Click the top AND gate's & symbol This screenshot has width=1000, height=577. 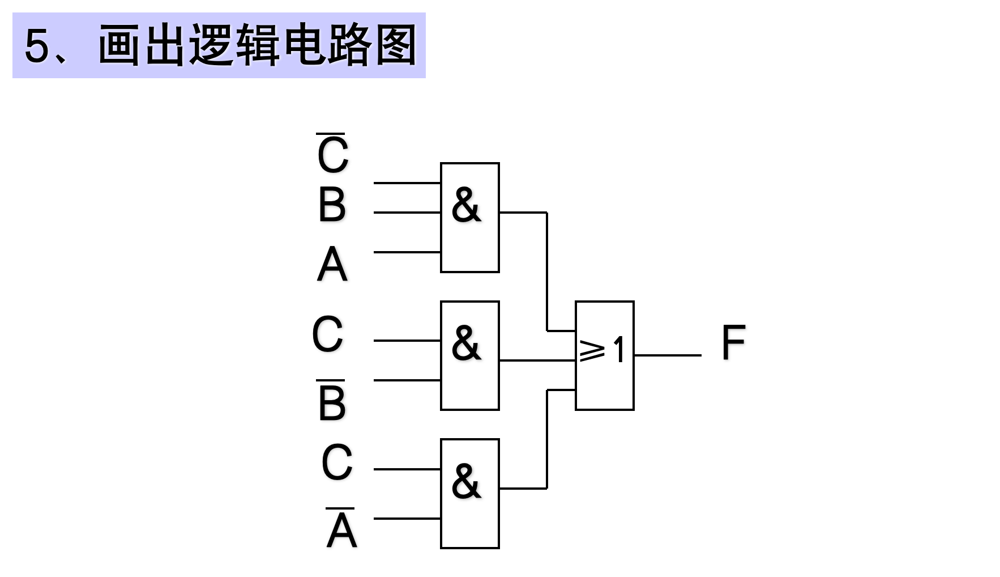[x=466, y=205]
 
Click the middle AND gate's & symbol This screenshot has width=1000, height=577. [x=466, y=343]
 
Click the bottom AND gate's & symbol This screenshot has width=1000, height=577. [x=466, y=482]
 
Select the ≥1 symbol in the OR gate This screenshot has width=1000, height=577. [x=602, y=350]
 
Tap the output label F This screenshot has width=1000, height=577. [x=733, y=342]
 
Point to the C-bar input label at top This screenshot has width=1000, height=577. [x=332, y=154]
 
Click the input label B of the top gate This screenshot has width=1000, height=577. [x=332, y=205]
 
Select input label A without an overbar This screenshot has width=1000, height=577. [x=332, y=265]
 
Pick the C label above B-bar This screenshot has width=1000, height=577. [x=327, y=334]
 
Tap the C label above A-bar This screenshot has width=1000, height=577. [x=337, y=463]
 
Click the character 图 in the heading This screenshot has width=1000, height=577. [x=396, y=45]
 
